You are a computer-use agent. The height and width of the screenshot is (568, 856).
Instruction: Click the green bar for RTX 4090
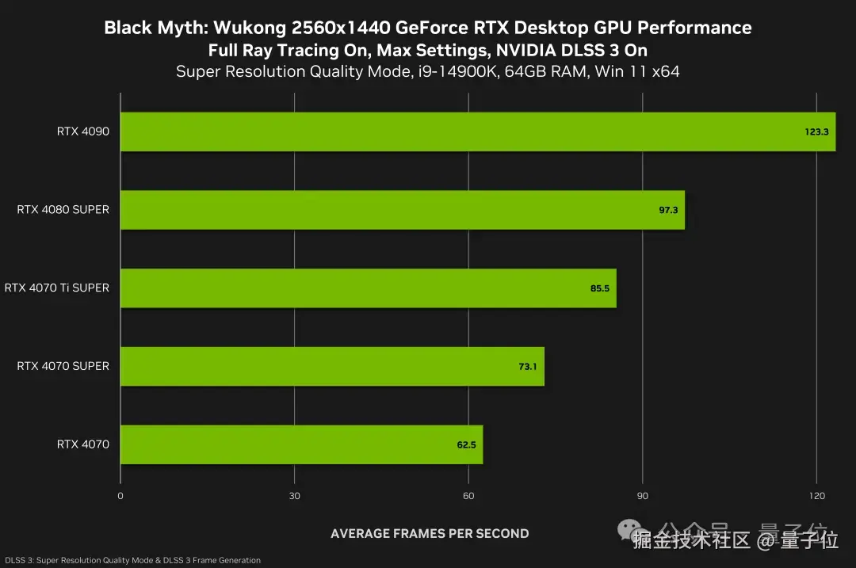[x=476, y=132]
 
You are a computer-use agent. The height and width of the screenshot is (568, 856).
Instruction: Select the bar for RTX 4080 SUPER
[x=402, y=210]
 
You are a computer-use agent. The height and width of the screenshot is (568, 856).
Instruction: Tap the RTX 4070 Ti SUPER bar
[x=368, y=288]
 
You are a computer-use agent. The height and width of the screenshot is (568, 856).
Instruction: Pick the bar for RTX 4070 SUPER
[x=332, y=366]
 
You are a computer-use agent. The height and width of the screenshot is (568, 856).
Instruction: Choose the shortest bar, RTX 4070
[x=301, y=444]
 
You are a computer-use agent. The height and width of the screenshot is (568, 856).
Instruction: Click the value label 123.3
[x=816, y=132]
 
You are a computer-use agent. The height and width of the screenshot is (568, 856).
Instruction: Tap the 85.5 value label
[x=599, y=288]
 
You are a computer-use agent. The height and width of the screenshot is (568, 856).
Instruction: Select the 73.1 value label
[x=528, y=367]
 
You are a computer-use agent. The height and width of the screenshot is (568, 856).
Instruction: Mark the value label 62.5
[x=466, y=445]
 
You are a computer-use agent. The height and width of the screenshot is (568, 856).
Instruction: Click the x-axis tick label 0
[x=120, y=497]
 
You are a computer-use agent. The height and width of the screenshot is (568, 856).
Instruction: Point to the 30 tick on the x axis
[x=294, y=497]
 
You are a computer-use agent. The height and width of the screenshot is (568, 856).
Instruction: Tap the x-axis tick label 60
[x=468, y=497]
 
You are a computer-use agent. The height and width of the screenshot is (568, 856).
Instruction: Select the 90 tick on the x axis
[x=642, y=497]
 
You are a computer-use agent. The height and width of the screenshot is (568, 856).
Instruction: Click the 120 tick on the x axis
[x=816, y=497]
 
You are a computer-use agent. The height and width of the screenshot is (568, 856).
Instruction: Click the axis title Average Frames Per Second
[x=430, y=533]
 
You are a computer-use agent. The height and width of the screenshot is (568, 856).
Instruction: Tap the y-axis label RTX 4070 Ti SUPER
[x=57, y=288]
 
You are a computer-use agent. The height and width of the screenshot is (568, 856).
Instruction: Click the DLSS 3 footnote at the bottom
[x=132, y=560]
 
